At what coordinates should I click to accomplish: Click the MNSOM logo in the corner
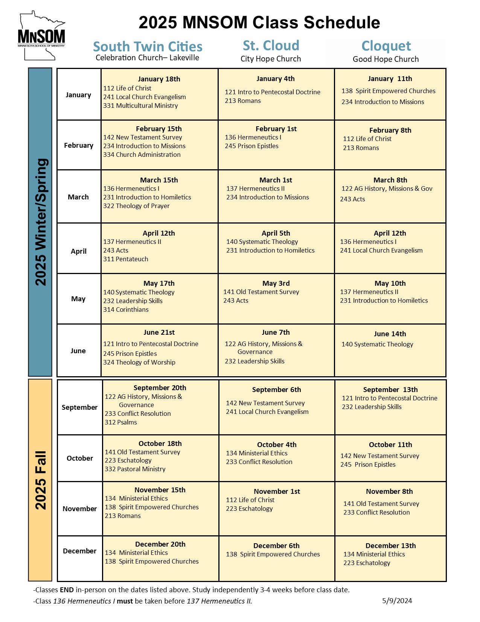41,36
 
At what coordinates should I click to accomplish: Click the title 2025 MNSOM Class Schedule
259,23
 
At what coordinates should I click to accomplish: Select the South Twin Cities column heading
148,46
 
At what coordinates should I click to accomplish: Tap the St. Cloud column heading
271,46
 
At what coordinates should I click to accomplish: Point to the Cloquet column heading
386,46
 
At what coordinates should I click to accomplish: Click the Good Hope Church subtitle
386,59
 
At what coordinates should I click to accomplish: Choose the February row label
78,146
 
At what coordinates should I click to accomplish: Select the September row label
79,408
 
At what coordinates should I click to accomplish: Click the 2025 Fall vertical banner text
40,480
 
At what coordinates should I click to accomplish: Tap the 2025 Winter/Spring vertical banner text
40,222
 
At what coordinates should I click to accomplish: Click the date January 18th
159,79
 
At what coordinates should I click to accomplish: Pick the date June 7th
276,332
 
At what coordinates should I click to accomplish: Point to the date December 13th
390,546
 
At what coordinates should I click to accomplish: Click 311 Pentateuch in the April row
126,259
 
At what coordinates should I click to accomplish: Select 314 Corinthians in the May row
126,310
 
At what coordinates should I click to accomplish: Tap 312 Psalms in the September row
121,423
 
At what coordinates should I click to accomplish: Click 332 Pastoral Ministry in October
135,469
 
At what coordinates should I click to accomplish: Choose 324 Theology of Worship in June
139,363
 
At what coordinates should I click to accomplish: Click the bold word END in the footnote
66,590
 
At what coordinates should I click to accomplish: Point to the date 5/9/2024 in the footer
397,601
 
